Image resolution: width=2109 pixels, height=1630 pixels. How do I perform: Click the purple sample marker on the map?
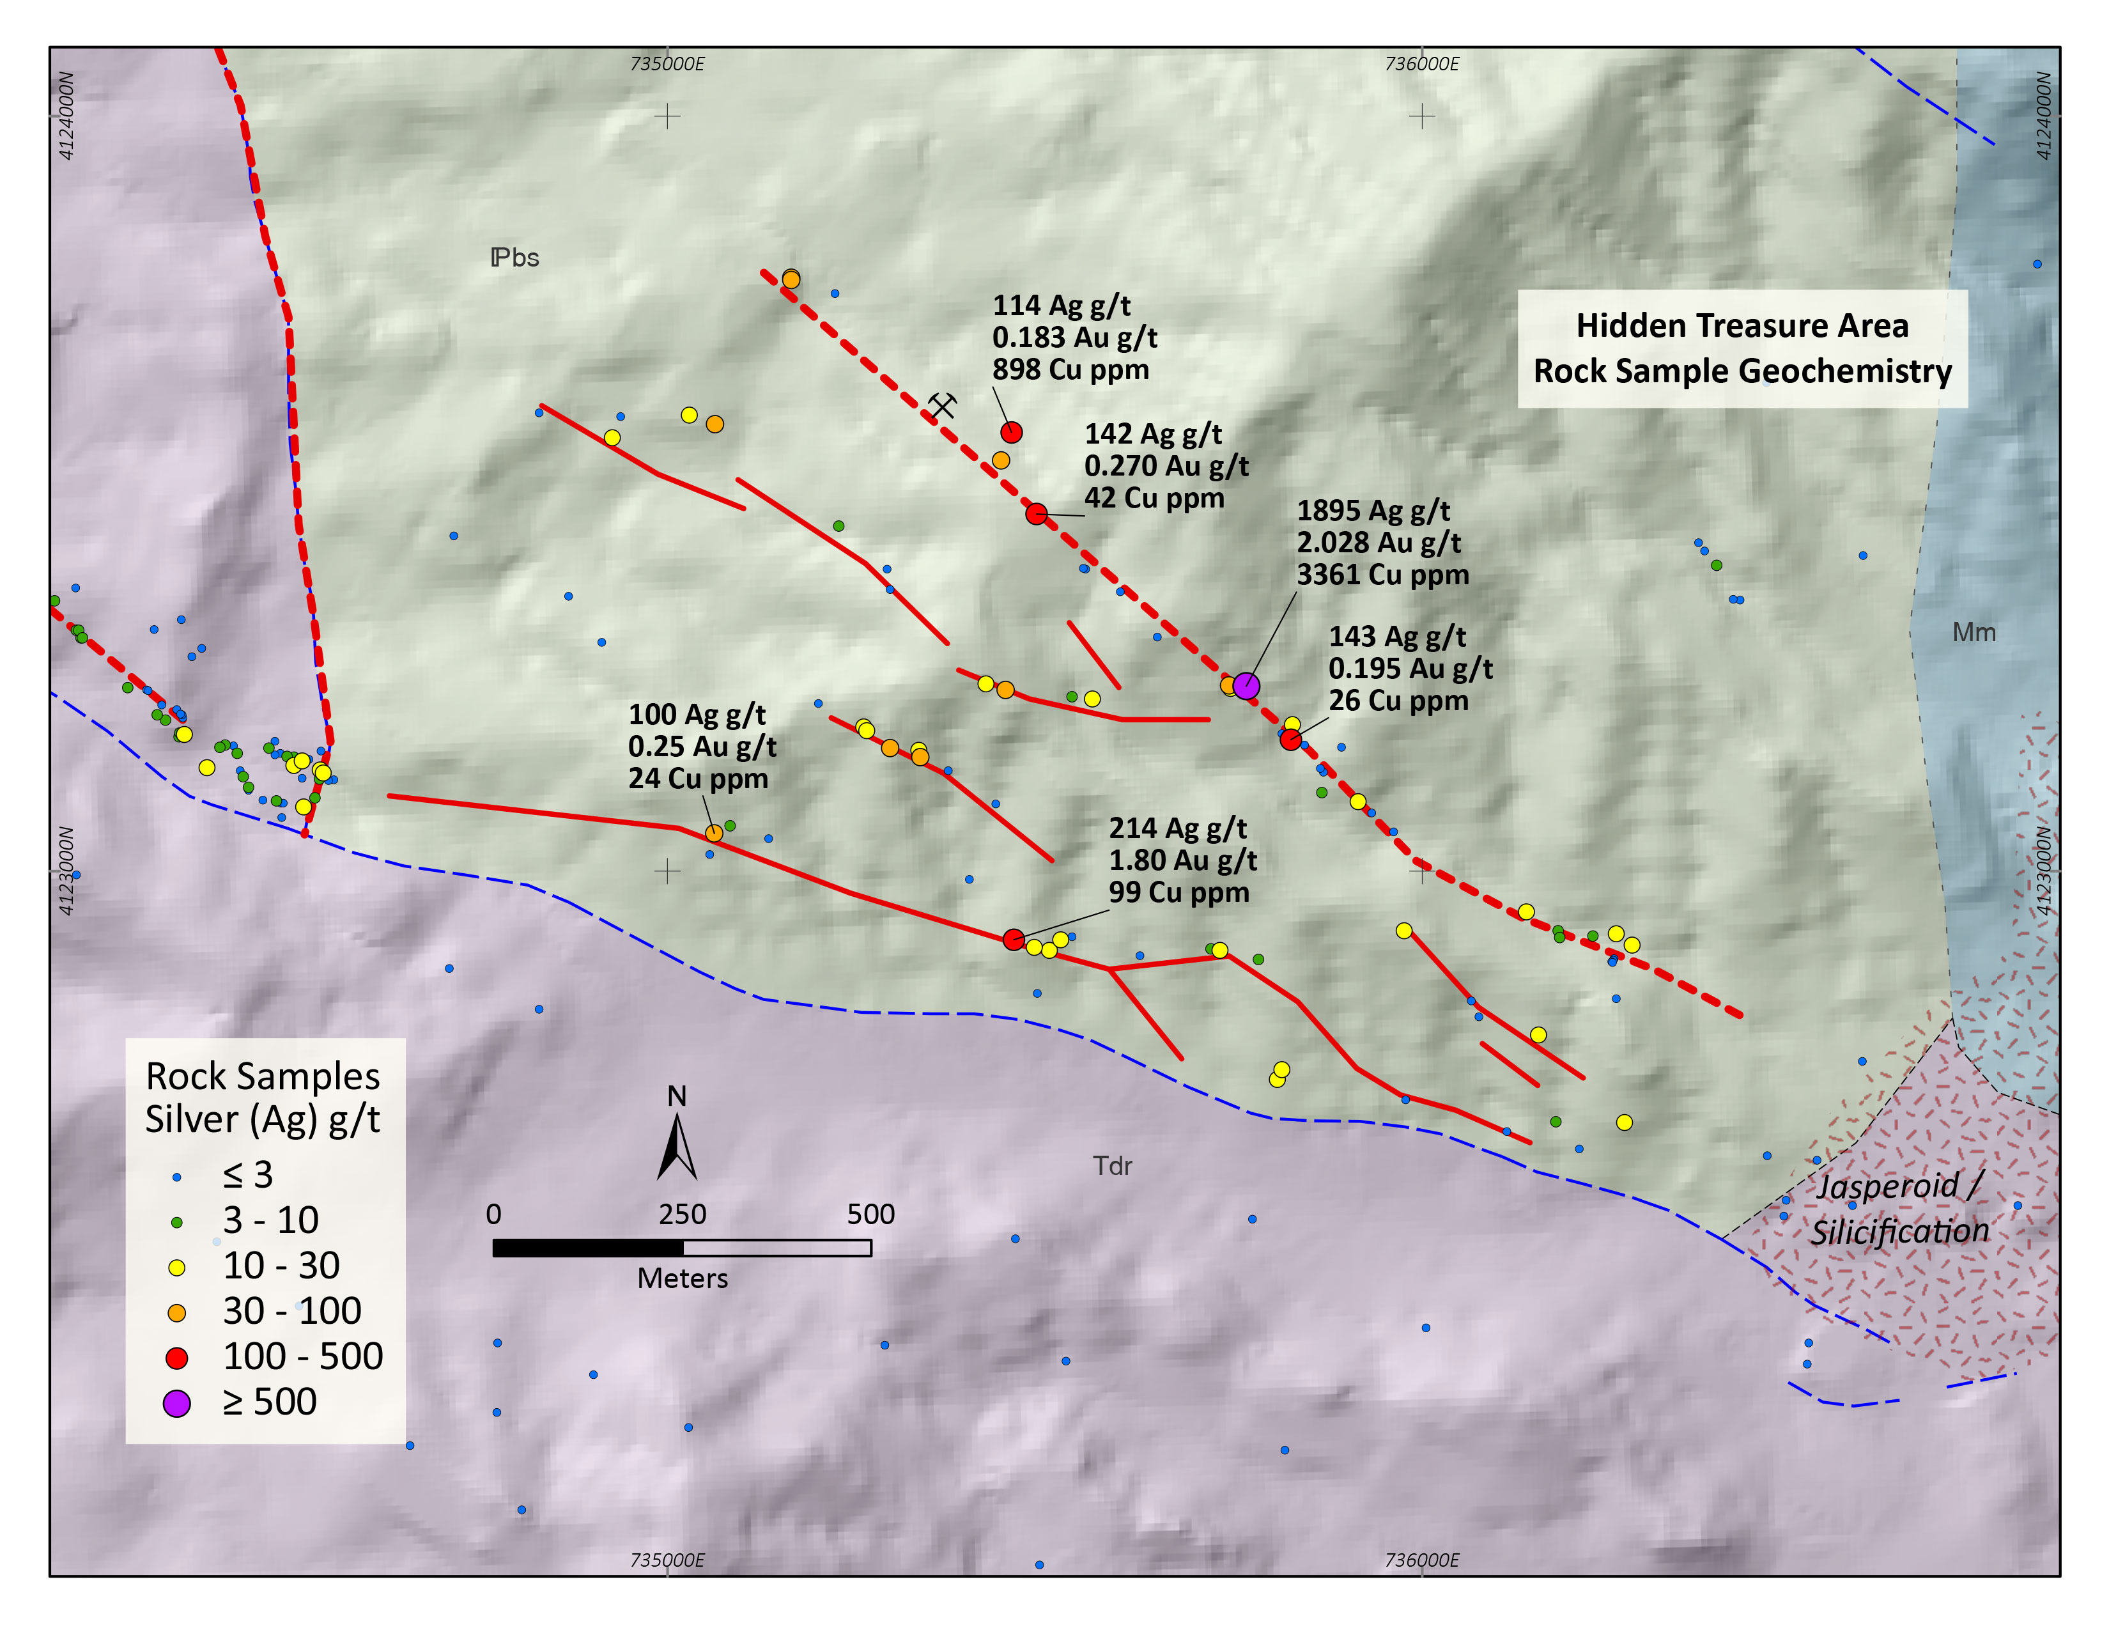(x=1246, y=686)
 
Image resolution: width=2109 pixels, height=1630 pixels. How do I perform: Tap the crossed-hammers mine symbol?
(x=941, y=405)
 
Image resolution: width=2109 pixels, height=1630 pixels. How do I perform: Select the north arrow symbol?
(x=677, y=1146)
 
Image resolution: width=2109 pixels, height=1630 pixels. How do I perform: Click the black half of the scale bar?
(x=587, y=1248)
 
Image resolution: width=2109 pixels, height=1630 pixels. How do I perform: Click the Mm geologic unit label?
(x=1973, y=632)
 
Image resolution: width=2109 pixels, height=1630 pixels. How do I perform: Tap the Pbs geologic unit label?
(x=514, y=258)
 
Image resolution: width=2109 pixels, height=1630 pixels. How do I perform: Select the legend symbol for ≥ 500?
(x=177, y=1403)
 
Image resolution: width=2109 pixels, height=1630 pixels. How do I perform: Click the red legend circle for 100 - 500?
(x=177, y=1358)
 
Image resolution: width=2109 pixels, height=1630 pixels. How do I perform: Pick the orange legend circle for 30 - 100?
(x=177, y=1312)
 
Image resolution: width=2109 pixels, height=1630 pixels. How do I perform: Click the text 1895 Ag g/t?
(x=1372, y=511)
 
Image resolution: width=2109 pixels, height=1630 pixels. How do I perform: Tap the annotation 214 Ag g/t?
(x=1177, y=828)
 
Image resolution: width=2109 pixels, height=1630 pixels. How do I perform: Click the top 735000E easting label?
(x=667, y=64)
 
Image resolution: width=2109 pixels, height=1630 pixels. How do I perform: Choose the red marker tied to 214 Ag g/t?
(x=1013, y=938)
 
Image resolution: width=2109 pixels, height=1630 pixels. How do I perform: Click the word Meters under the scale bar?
(x=682, y=1278)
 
